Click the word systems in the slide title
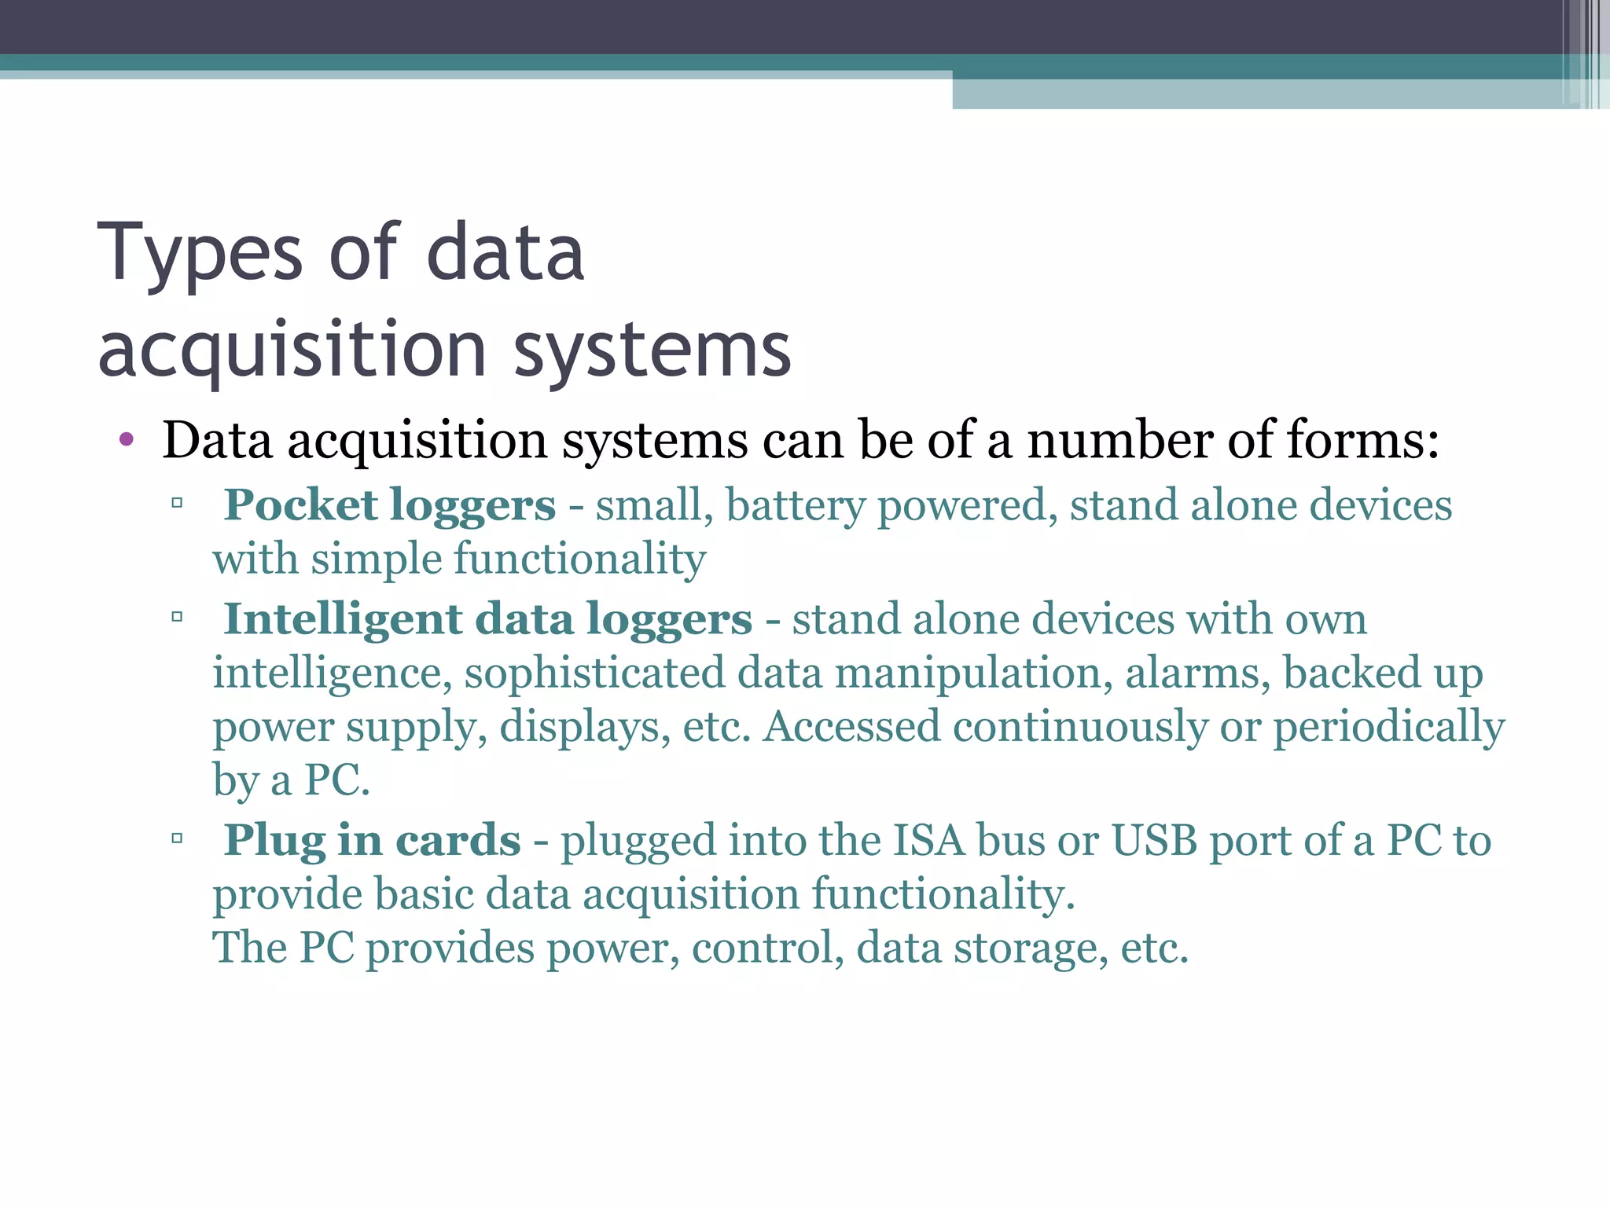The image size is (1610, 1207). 652,349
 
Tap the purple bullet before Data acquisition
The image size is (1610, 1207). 127,439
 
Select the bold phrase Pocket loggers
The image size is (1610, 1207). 390,504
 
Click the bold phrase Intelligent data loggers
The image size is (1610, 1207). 488,619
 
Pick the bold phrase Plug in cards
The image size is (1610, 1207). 373,840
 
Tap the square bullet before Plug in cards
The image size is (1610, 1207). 177,838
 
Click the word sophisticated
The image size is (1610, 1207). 594,673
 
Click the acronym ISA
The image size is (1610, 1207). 928,840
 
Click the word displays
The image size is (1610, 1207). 585,727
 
